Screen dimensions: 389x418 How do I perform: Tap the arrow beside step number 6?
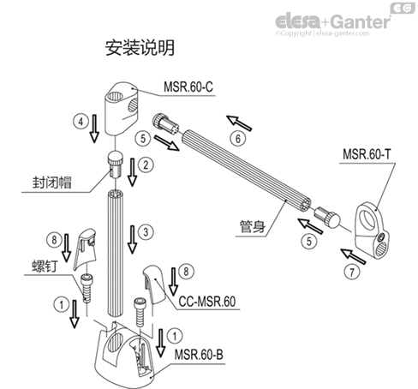pyautogui.click(x=238, y=118)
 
